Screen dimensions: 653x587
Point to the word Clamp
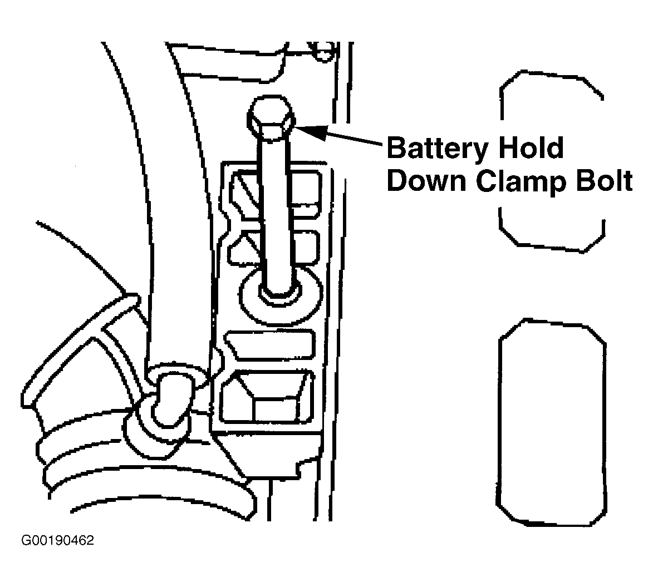click(x=521, y=182)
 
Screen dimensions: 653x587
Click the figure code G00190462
click(x=57, y=540)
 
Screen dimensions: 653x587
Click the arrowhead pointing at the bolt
click(x=310, y=131)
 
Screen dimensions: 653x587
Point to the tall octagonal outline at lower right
click(x=552, y=422)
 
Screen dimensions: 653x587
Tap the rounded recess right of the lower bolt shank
click(x=305, y=248)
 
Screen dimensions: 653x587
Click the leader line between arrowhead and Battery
click(x=355, y=139)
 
